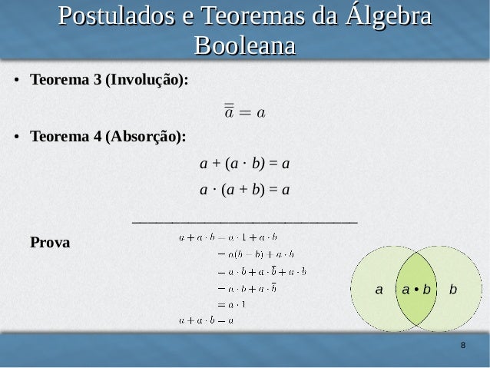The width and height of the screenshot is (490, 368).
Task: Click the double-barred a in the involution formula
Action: pos(229,112)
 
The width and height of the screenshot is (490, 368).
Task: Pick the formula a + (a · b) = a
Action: pos(244,164)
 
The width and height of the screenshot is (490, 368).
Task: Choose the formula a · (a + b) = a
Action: pos(244,189)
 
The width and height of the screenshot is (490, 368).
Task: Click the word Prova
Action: pos(49,244)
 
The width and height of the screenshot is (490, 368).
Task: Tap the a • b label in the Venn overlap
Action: pos(416,290)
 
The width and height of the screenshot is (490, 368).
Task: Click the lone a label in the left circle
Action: pos(378,290)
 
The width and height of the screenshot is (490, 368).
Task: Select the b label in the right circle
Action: pos(453,290)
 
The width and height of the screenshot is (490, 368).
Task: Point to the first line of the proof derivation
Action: pos(227,238)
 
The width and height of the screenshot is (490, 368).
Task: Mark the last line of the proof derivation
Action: pos(206,320)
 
